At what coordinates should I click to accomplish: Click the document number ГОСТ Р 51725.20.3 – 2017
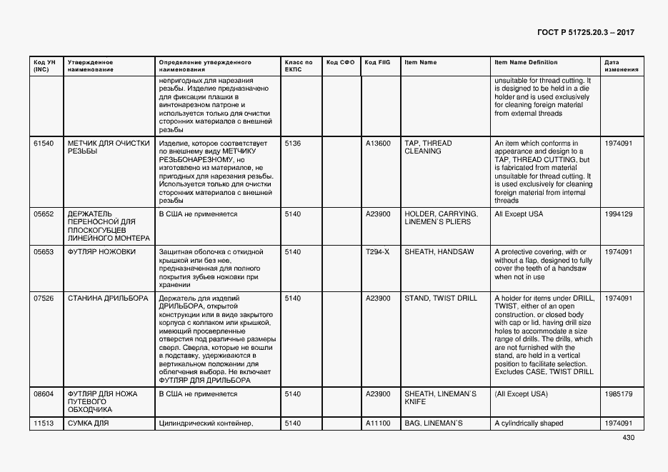click(584, 32)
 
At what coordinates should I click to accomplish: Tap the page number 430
click(628, 438)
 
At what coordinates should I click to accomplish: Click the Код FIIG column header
click(377, 63)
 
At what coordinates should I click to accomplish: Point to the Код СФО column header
click(340, 63)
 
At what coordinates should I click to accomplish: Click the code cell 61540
click(44, 144)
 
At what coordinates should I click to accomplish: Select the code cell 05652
click(44, 214)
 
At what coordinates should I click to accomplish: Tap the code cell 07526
click(44, 298)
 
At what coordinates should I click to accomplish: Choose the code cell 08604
click(44, 394)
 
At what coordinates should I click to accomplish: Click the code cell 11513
click(44, 424)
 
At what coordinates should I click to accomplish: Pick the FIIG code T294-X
click(378, 252)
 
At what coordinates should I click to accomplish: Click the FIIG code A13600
click(378, 144)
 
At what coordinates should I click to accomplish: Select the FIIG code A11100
click(378, 424)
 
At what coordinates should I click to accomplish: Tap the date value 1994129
click(618, 214)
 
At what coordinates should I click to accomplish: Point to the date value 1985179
click(618, 394)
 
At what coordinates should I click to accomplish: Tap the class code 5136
click(292, 144)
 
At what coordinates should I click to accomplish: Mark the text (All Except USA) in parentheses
click(521, 394)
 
